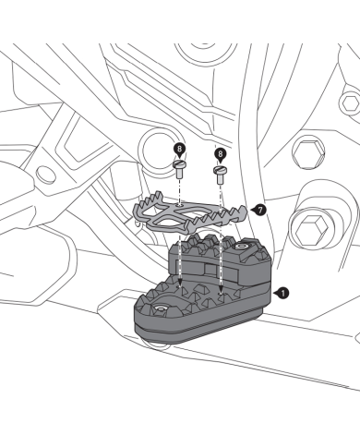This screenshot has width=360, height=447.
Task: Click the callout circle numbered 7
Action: point(262,211)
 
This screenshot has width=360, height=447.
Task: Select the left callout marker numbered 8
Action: point(179,148)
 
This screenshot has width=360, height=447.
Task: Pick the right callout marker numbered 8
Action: point(220,153)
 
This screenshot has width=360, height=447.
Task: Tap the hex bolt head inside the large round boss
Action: point(310,228)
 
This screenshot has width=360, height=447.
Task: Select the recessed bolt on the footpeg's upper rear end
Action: point(242,248)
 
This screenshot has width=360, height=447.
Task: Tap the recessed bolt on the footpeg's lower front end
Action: point(161,306)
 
